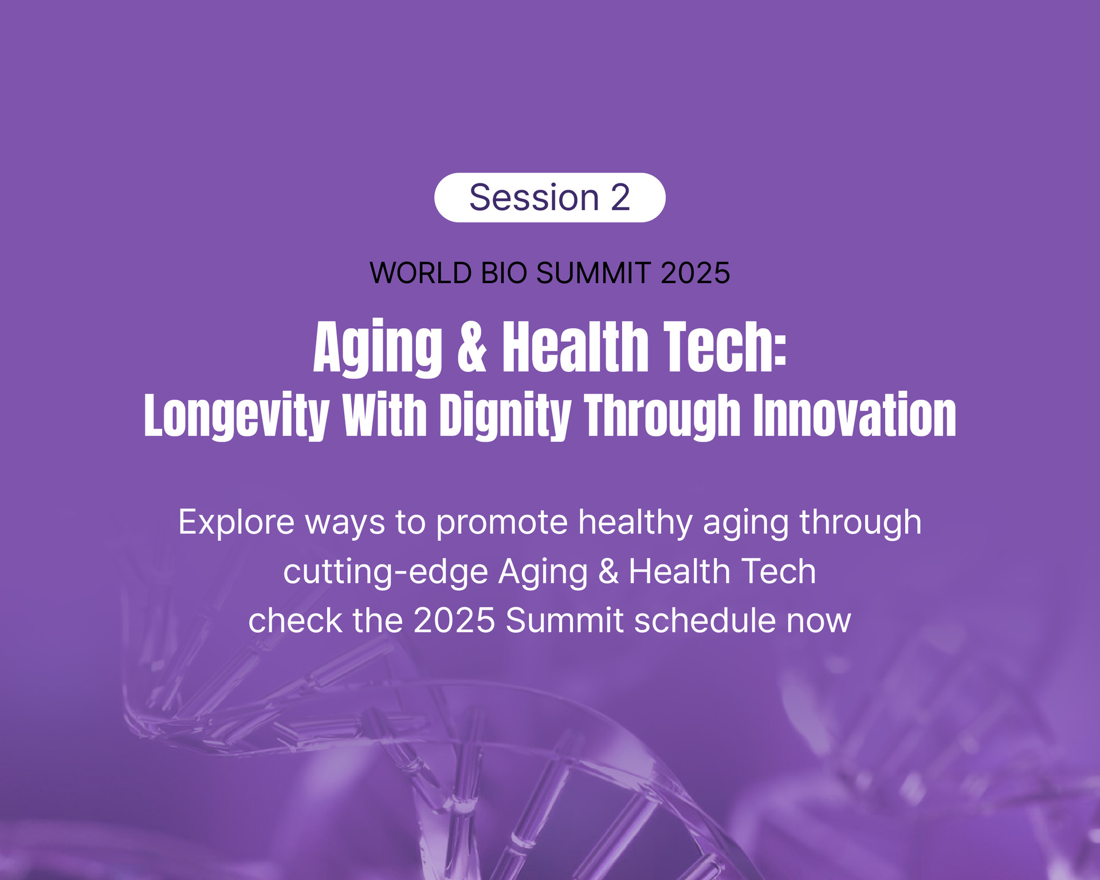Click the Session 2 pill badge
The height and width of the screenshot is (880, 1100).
click(550, 197)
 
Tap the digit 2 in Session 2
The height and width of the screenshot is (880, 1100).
click(620, 198)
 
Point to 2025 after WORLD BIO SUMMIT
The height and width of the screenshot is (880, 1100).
click(696, 273)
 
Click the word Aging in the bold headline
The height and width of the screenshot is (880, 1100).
click(378, 348)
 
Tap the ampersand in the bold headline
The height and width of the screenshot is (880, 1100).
click(473, 347)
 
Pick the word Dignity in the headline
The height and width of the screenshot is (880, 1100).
click(505, 417)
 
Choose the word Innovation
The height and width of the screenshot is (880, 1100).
click(854, 415)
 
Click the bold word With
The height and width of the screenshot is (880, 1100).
click(384, 415)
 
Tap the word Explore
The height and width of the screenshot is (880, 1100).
click(237, 523)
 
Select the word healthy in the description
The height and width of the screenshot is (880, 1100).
click(635, 523)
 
